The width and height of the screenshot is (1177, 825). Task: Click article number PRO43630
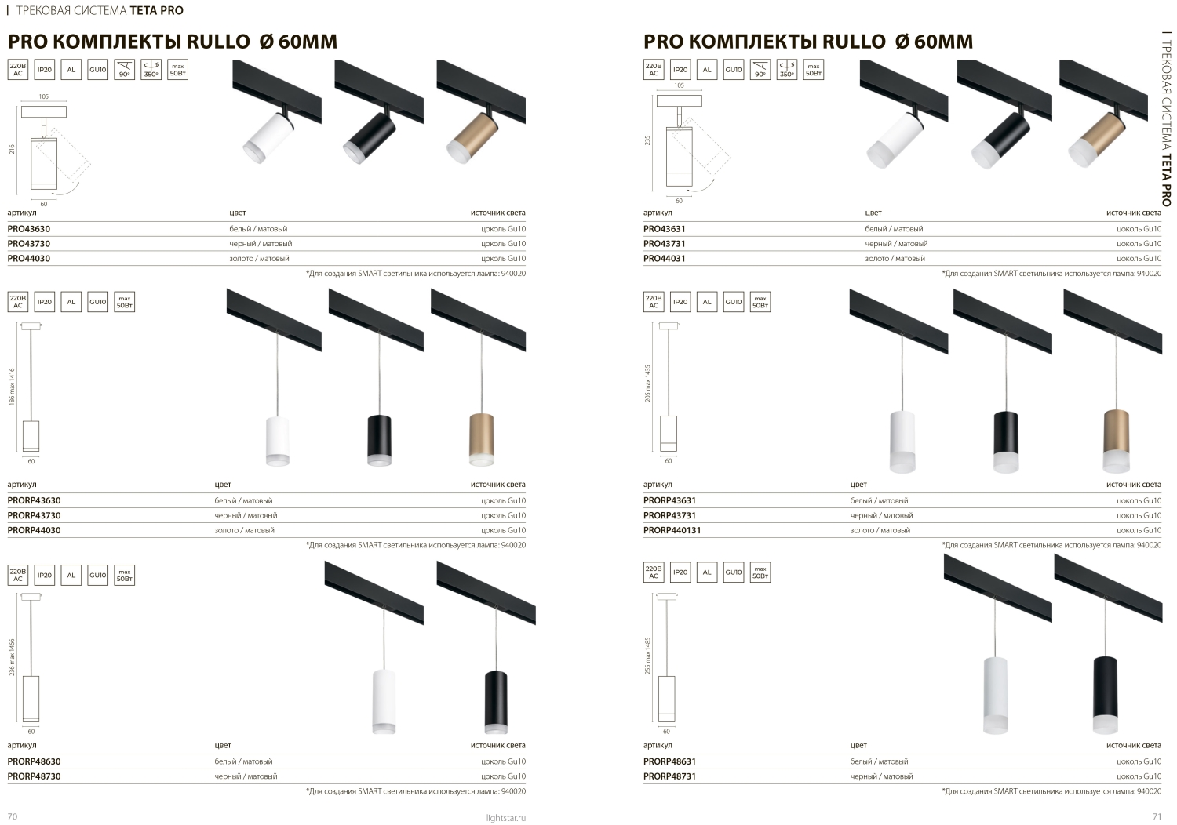click(29, 229)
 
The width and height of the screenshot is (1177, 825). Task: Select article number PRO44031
click(664, 258)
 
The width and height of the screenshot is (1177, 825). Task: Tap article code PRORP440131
click(672, 530)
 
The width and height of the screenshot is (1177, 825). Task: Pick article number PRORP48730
click(35, 776)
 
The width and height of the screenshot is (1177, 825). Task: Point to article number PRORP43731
click(669, 516)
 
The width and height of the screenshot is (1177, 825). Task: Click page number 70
click(12, 816)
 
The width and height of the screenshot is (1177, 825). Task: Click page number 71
click(1157, 816)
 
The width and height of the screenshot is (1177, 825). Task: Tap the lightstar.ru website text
click(505, 818)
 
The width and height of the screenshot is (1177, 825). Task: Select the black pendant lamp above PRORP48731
click(1106, 694)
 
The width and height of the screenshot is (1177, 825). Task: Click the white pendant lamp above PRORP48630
click(384, 702)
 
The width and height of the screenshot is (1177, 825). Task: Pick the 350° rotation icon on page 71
click(786, 69)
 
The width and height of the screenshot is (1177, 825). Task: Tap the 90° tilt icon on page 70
click(124, 69)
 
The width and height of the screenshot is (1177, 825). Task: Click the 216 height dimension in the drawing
click(12, 149)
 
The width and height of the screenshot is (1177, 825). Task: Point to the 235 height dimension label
click(647, 140)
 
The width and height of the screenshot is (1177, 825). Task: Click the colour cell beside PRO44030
click(259, 258)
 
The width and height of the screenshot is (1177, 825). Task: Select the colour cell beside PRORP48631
click(879, 761)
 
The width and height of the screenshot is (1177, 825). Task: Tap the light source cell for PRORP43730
click(504, 516)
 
